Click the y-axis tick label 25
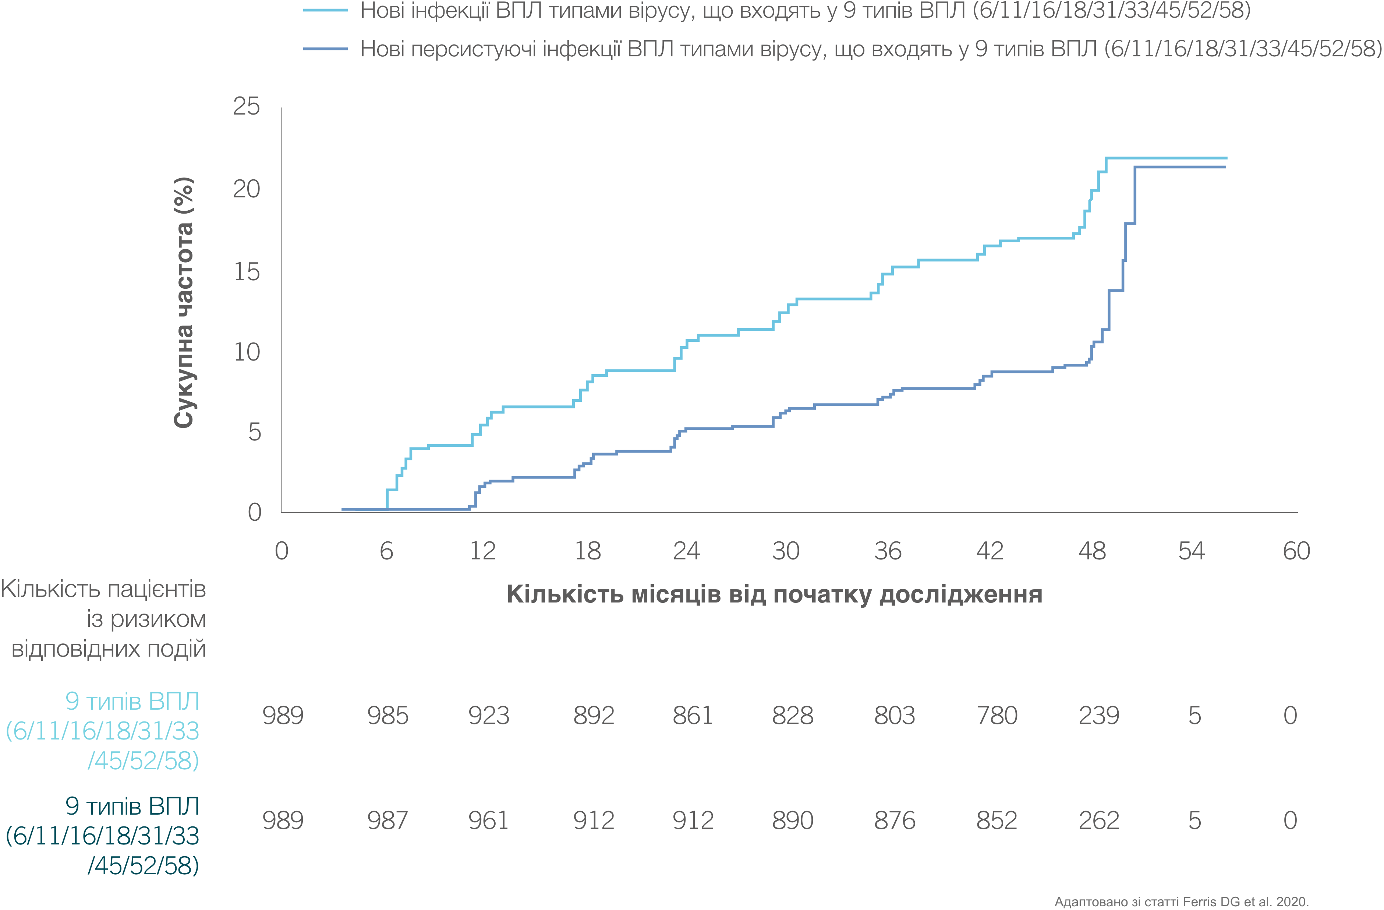click(x=246, y=106)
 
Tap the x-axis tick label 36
click(x=887, y=551)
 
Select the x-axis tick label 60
click(x=1296, y=551)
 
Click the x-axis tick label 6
click(x=386, y=551)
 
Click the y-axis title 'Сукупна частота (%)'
click(x=184, y=303)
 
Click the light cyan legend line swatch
click(x=326, y=10)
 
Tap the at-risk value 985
click(x=387, y=716)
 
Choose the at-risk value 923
click(x=488, y=716)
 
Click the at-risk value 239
click(x=1098, y=716)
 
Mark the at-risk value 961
click(x=488, y=821)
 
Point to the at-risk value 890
click(x=792, y=821)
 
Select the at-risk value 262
click(x=1098, y=821)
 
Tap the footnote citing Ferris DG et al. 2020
click(x=1181, y=901)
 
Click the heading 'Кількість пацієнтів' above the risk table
click(x=103, y=589)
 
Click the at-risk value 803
click(x=894, y=716)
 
